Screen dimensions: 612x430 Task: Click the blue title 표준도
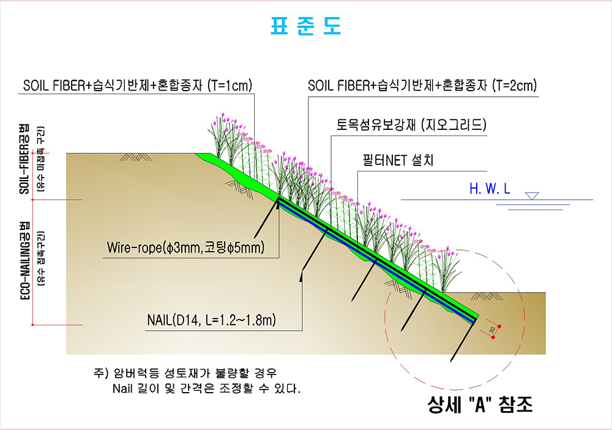(306, 26)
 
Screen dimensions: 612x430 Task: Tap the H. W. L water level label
(490, 189)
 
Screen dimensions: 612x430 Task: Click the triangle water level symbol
(532, 195)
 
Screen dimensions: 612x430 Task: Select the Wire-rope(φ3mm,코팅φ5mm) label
(185, 247)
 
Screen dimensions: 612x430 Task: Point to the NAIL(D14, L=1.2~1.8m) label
(211, 320)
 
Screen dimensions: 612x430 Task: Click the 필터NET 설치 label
(398, 160)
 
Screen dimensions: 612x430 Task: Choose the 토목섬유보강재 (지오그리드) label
(411, 125)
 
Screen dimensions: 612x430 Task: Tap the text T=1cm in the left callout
(230, 85)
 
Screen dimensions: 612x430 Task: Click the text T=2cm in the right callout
(515, 85)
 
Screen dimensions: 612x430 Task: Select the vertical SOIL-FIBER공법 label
(24, 159)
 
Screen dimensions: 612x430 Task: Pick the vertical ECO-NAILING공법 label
(24, 260)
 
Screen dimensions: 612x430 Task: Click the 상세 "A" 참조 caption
(480, 404)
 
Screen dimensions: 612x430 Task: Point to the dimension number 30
(492, 330)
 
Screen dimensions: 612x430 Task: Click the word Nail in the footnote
(124, 388)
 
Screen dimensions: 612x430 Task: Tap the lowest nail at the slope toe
(463, 341)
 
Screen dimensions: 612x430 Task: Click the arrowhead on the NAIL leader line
(301, 276)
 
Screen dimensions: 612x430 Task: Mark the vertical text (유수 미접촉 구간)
(40, 159)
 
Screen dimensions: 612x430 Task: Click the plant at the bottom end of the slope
(446, 269)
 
